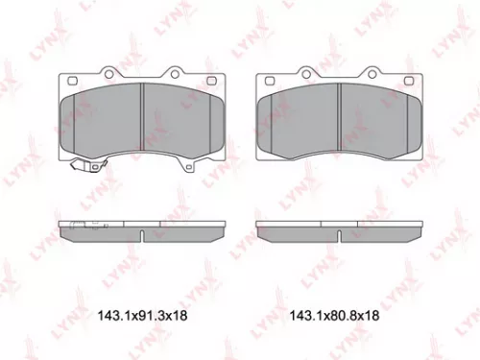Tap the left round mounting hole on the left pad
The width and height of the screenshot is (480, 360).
pyautogui.click(x=106, y=73)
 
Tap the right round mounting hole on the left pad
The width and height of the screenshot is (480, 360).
pyautogui.click(x=176, y=73)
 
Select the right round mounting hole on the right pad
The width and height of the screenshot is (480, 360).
pyautogui.click(x=373, y=73)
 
